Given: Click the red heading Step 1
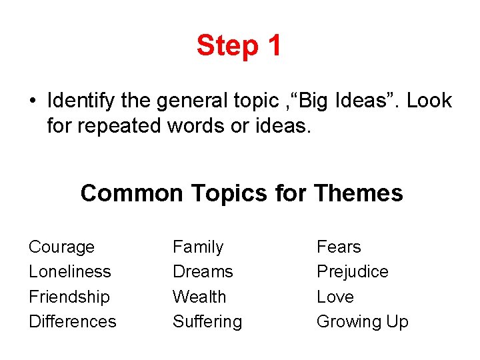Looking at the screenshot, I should pos(239,45).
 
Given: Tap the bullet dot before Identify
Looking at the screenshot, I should pos(32,101).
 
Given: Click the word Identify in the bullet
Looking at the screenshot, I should pos(73,101).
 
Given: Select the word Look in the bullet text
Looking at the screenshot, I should pos(429,101).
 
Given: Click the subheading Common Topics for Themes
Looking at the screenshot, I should pos(241,193).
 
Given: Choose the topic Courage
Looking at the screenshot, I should pos(61,247).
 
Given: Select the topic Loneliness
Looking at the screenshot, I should pos(69,272).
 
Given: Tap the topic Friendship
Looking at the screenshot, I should pos(69,297).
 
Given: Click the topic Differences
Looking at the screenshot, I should pos(72,321).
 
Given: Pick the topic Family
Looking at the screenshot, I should pos(198,247).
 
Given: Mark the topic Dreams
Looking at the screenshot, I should pos(203,272).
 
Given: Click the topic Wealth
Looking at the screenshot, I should pos(199,297).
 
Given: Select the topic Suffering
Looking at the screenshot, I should pos(207,321).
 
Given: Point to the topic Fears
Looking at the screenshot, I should pos(339,247).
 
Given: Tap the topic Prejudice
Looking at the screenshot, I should pos(352,272).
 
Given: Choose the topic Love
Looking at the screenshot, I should pos(335,297).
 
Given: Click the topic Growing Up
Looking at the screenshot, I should pos(362,321).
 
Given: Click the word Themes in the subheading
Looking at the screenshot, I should pos(358,193).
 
